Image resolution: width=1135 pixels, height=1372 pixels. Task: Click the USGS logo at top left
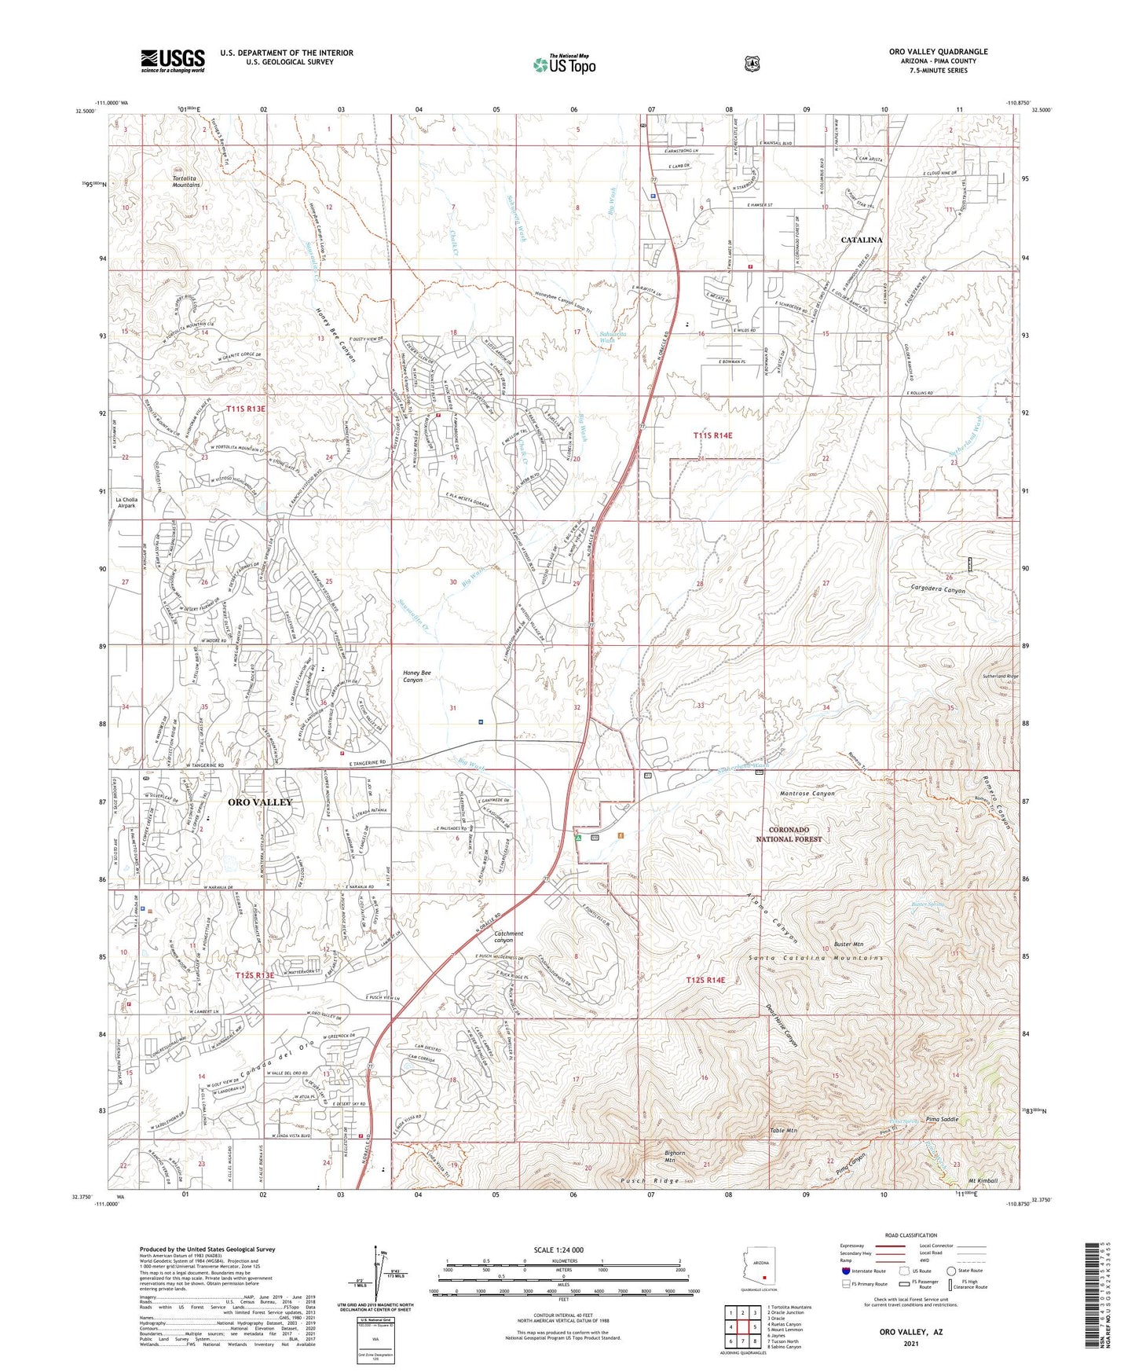pyautogui.click(x=173, y=61)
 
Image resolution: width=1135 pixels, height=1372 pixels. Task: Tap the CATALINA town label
pyautogui.click(x=862, y=240)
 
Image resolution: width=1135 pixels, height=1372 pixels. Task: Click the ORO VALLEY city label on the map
pyautogui.click(x=259, y=802)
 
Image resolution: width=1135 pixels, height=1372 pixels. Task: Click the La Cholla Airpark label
pyautogui.click(x=126, y=503)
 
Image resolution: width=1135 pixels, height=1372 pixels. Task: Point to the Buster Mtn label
pyautogui.click(x=848, y=944)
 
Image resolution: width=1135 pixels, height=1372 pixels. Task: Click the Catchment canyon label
pyautogui.click(x=508, y=937)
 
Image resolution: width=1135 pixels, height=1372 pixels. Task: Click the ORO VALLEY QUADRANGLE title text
pyautogui.click(x=938, y=52)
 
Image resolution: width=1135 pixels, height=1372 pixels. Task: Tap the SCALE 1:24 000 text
pyautogui.click(x=566, y=1250)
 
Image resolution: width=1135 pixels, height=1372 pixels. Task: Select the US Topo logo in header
pyautogui.click(x=564, y=64)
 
